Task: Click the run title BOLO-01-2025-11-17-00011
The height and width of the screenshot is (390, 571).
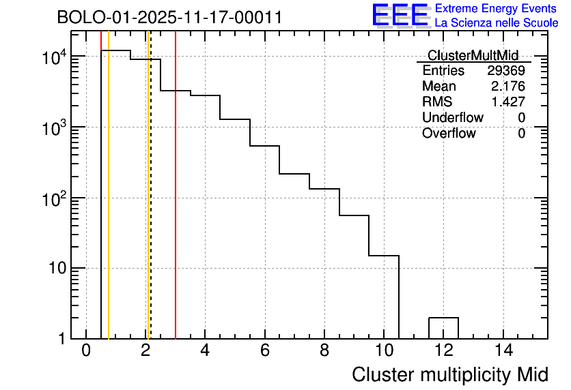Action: point(169,18)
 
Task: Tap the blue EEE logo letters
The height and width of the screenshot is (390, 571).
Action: point(400,15)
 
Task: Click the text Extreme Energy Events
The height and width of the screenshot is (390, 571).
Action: point(497,9)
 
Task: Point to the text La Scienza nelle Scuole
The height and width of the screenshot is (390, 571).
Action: point(497,23)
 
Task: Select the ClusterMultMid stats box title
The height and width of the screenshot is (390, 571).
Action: point(473,55)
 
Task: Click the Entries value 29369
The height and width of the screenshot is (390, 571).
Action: point(505,71)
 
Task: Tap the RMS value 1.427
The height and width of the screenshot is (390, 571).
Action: point(508,102)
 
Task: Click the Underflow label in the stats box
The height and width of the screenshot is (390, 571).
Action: point(452,118)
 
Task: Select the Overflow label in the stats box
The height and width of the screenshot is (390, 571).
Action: point(449,134)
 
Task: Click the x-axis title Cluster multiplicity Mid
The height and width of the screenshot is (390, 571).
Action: point(449,374)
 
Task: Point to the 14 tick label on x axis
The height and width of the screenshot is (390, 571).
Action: point(503,350)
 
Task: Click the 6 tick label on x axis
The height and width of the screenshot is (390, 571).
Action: point(265,350)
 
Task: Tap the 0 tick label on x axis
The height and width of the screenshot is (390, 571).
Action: point(86,350)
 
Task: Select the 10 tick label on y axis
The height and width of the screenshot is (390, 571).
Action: point(56,268)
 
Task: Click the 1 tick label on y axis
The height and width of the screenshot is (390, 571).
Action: point(62,338)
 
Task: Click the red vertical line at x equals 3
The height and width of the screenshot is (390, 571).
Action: point(176,205)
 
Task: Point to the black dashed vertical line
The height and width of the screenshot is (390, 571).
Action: point(150,205)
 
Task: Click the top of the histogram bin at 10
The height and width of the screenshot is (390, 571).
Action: point(384,256)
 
